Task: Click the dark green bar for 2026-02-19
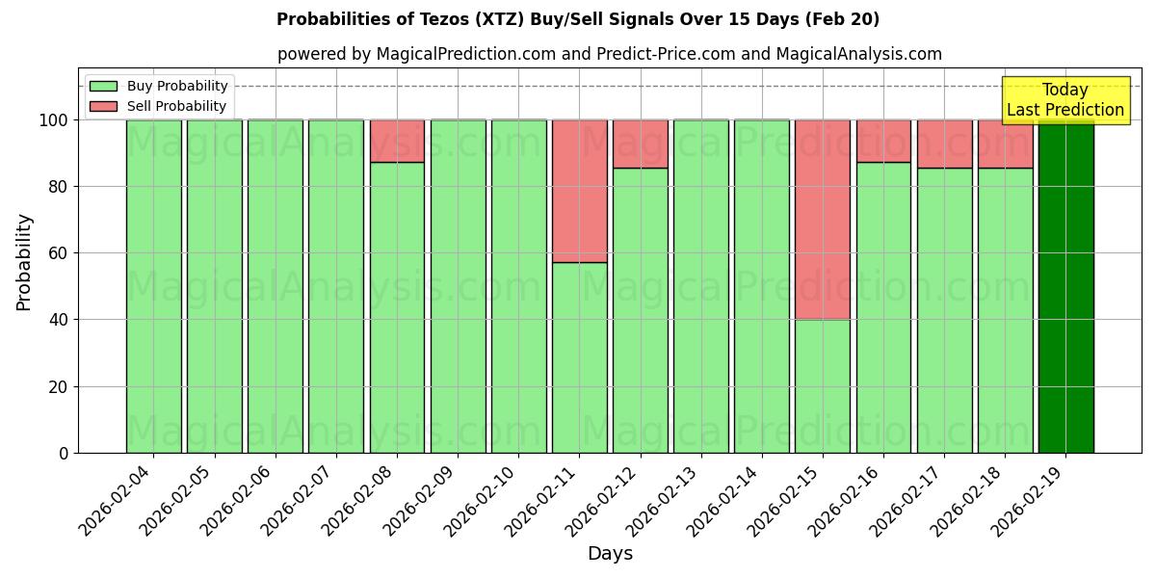tap(1065, 289)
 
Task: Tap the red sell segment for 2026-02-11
tap(579, 191)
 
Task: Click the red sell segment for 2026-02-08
tap(397, 141)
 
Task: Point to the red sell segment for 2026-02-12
tap(640, 144)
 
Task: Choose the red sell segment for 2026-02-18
tap(1005, 144)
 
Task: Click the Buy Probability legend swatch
tap(103, 87)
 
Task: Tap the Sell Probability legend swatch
tap(103, 107)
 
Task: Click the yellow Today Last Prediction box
tap(1064, 100)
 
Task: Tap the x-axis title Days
tap(610, 554)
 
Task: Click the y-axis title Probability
tap(24, 261)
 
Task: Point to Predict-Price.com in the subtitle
tap(655, 54)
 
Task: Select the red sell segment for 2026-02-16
tap(883, 141)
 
